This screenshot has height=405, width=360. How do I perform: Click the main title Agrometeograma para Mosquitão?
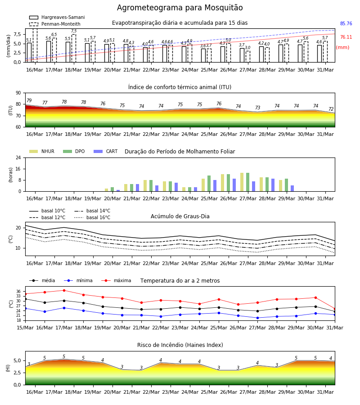point(180,8)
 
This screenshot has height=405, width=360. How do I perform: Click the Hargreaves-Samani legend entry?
point(57,17)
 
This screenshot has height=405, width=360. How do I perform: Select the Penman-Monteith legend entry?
point(55,24)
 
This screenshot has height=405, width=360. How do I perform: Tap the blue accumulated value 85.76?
point(346,23)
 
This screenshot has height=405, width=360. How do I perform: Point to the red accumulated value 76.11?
point(346,37)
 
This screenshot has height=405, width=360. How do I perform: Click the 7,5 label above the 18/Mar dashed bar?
point(74,31)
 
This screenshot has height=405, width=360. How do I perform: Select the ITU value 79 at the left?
point(29,100)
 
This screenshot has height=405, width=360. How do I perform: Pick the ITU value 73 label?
point(257,108)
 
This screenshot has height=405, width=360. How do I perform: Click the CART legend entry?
point(106,151)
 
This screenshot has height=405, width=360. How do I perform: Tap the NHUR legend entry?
point(42,151)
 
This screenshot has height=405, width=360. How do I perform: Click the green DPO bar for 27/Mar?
point(247,182)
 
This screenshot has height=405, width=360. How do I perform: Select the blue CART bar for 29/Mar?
point(292,188)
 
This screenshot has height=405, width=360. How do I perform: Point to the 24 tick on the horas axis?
point(18,157)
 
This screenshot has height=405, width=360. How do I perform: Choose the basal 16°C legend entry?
point(92,217)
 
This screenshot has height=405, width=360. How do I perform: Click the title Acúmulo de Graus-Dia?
point(180,216)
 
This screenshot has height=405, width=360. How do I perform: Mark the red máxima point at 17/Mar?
point(64,290)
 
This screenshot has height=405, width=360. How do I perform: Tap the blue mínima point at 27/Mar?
point(257,318)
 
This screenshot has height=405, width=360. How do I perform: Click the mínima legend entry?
point(78,280)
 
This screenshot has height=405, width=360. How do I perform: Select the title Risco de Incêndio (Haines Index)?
point(180,345)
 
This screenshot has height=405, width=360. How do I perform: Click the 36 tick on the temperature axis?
point(18,291)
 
